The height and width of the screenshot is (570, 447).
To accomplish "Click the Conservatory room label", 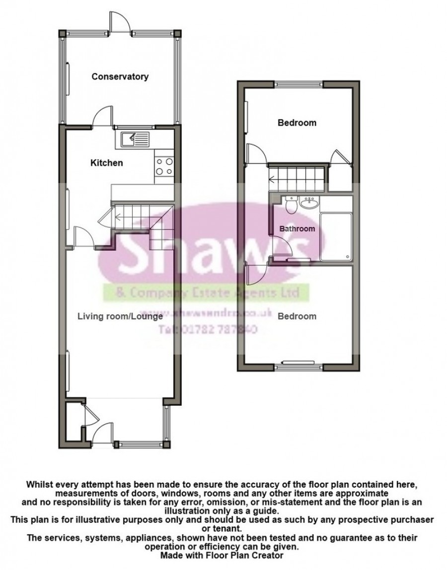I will (x=120, y=76).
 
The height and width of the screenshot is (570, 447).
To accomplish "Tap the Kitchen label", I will (x=106, y=162).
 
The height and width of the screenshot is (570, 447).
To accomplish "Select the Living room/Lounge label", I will (x=120, y=316).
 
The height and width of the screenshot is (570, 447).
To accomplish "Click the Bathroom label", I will (x=297, y=229).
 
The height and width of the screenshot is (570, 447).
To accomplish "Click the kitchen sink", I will (x=135, y=139).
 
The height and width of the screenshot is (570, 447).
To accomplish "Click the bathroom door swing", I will (x=283, y=247).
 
